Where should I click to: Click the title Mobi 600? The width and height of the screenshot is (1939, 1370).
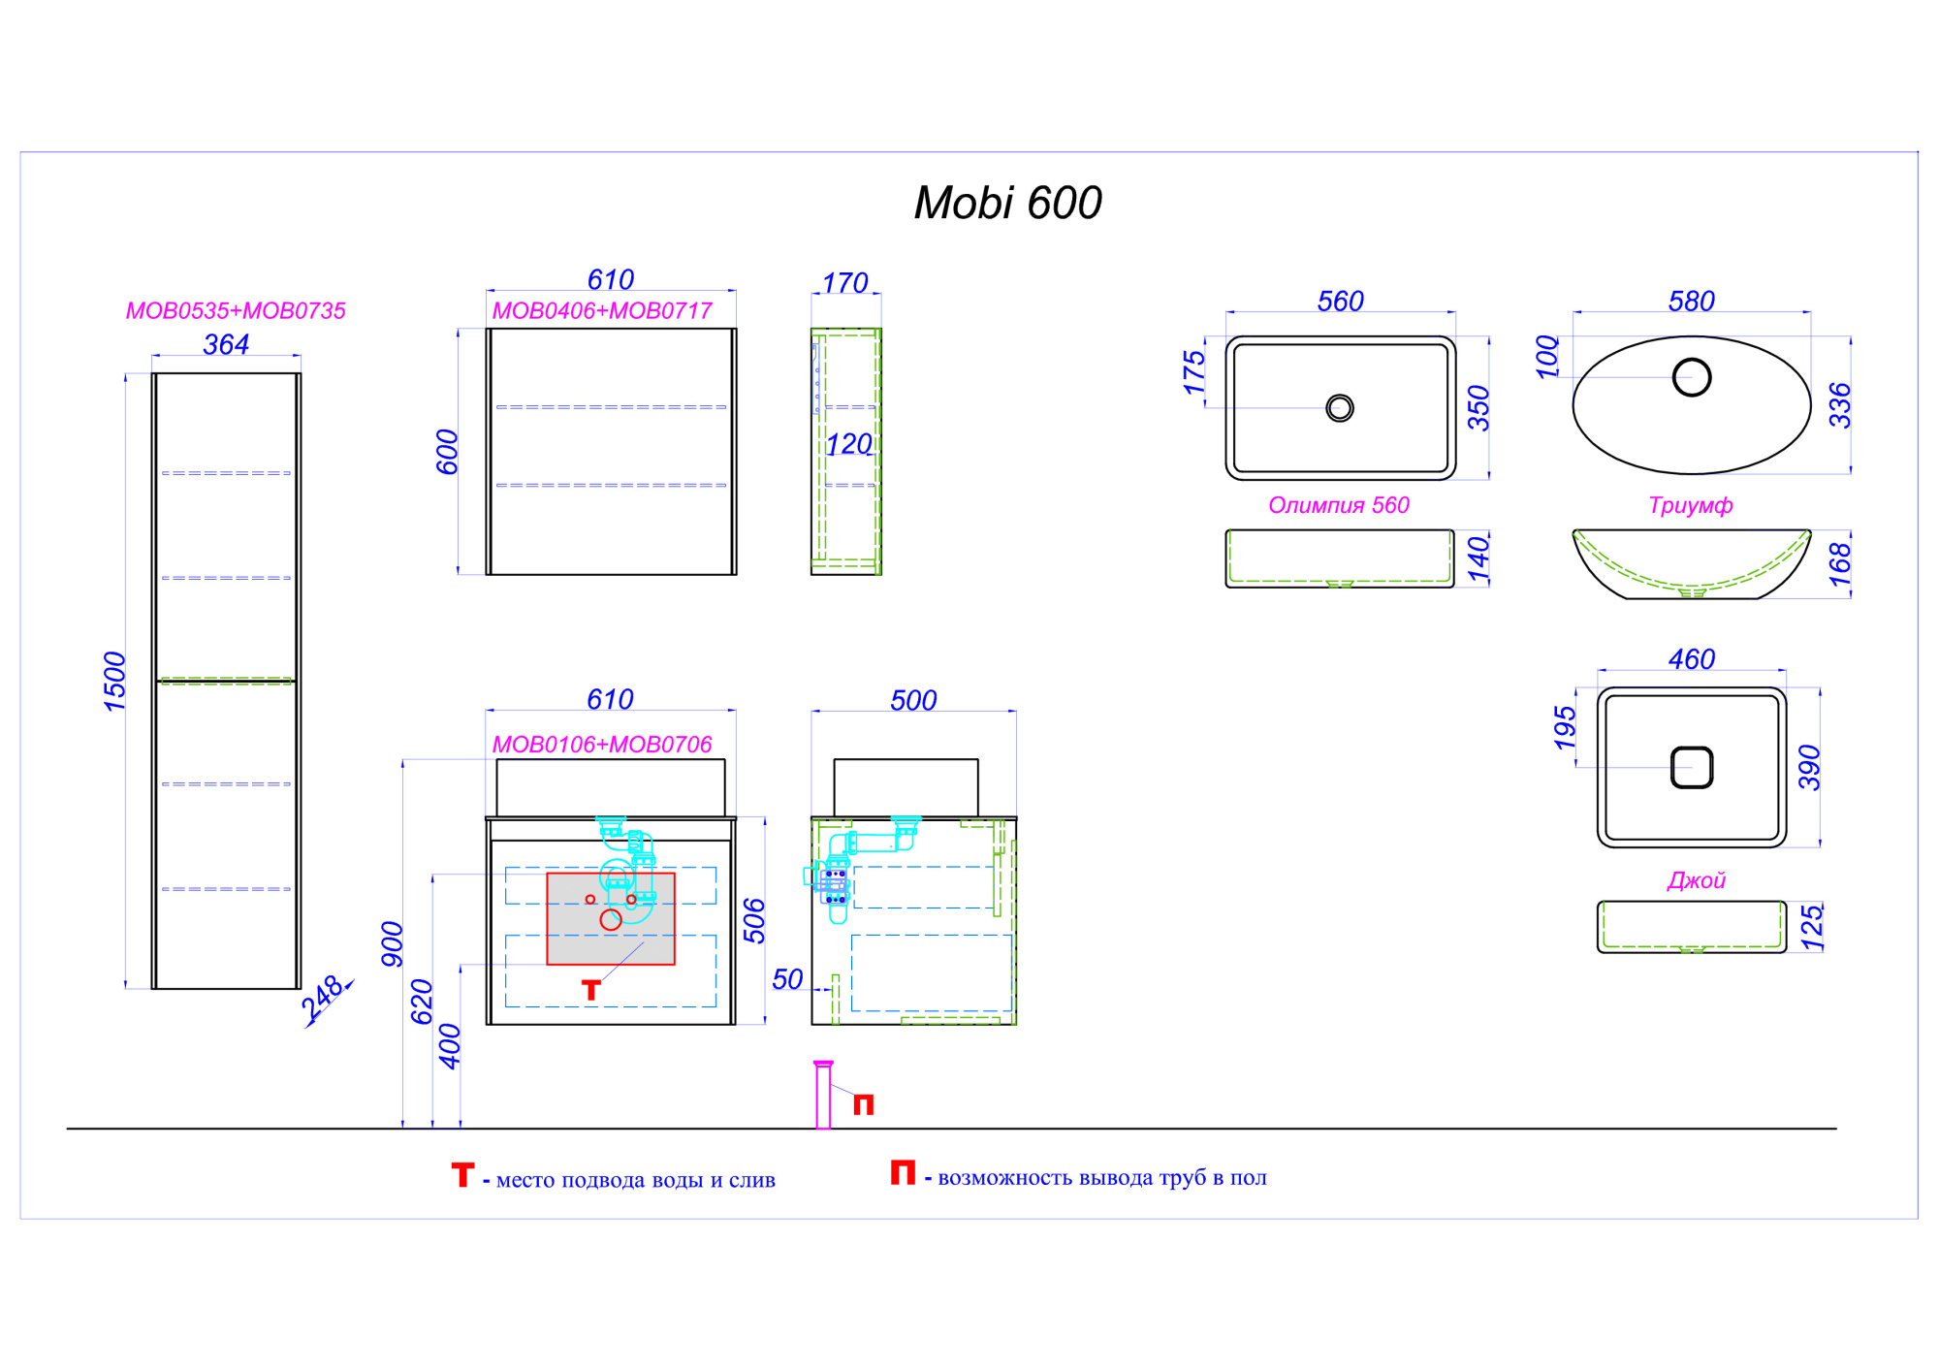[1007, 204]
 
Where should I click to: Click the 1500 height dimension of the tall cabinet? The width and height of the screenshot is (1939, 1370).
[115, 682]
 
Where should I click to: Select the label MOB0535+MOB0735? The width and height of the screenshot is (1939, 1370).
[236, 311]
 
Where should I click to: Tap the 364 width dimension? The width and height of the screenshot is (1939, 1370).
[226, 344]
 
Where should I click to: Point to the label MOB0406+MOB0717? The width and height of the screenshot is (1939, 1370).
[602, 311]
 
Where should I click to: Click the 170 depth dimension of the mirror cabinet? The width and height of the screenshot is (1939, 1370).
[845, 283]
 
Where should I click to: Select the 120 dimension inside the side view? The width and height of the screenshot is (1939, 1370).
[849, 444]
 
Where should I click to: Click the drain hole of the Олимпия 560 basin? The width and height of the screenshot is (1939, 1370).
[1340, 408]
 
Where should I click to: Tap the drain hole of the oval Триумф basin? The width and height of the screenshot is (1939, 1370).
[1692, 377]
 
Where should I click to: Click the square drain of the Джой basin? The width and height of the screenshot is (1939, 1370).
[1692, 768]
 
